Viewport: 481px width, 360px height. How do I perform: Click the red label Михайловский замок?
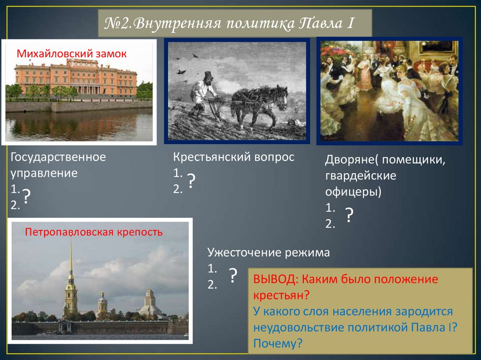click(x=71, y=54)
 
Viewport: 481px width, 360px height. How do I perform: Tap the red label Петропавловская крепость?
click(x=93, y=232)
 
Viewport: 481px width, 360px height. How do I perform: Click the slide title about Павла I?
click(x=229, y=23)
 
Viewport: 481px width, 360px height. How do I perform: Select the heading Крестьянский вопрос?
click(x=233, y=157)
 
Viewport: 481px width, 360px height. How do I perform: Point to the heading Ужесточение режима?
click(x=269, y=253)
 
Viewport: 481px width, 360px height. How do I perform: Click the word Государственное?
click(x=58, y=157)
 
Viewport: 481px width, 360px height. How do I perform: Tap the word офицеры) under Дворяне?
click(x=353, y=192)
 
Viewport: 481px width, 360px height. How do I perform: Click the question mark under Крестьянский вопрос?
click(x=191, y=181)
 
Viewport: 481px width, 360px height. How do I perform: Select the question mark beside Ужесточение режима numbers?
click(x=233, y=276)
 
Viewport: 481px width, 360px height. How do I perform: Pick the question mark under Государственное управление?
click(x=27, y=197)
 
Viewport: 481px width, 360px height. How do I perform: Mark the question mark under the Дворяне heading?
click(x=349, y=215)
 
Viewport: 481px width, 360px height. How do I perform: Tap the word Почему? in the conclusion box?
click(x=278, y=343)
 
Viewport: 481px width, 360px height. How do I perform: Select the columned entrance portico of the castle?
click(x=88, y=89)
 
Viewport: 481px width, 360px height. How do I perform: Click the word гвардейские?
click(x=361, y=176)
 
